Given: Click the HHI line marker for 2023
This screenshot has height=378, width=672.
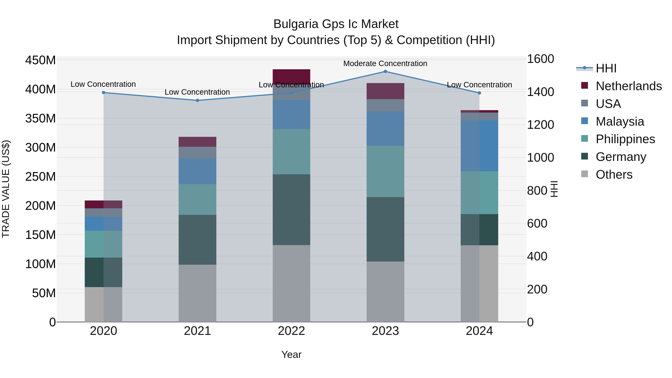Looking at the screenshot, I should click(385, 71).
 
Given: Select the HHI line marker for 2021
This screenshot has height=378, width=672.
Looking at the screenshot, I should click(197, 100).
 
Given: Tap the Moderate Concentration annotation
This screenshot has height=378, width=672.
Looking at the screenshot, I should click(385, 63).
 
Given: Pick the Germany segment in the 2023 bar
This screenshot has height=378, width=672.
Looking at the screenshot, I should click(385, 229).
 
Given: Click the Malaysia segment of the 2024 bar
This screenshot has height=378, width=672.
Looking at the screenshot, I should click(479, 146).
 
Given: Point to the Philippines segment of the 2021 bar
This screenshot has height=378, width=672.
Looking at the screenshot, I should click(197, 199).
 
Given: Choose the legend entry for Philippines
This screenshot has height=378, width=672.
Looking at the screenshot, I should click(625, 139).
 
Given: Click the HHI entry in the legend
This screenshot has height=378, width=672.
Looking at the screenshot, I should click(606, 68).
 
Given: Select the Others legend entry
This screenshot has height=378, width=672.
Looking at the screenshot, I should click(614, 175).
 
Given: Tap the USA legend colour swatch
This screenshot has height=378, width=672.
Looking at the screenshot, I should click(585, 103).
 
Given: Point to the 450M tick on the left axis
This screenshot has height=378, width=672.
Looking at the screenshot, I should click(41, 60).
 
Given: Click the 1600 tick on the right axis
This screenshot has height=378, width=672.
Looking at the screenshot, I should click(540, 59).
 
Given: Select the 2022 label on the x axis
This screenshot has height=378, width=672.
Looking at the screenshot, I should click(291, 331).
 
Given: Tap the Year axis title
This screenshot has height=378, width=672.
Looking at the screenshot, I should click(291, 354).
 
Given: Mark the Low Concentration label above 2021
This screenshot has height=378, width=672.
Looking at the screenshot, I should click(197, 92).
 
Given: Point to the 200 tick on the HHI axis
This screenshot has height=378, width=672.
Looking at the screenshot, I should click(537, 289).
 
